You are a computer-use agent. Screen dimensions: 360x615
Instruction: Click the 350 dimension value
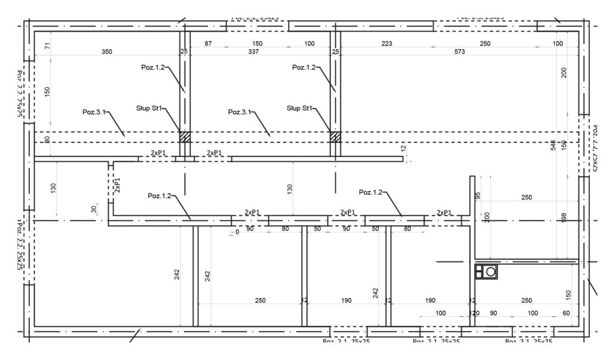(106, 52)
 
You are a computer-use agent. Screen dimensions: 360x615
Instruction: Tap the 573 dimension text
(460, 52)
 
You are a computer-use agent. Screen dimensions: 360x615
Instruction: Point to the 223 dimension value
(387, 44)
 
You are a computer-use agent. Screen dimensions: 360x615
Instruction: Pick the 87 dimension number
(208, 44)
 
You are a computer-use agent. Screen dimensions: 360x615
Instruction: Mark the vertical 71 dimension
(47, 46)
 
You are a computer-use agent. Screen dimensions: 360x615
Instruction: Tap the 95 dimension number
(478, 195)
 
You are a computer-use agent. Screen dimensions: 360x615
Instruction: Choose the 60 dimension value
(566, 313)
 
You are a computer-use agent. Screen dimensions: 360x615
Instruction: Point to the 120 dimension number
(474, 313)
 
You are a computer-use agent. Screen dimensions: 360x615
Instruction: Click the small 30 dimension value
(93, 209)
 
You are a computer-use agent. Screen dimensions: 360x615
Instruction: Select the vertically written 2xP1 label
(118, 185)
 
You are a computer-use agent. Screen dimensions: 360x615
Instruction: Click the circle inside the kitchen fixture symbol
(491, 272)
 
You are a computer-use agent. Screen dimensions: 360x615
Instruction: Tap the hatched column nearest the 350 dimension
(185, 137)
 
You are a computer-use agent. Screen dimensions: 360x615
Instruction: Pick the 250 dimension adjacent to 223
(485, 44)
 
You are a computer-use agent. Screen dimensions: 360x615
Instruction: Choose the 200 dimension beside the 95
(487, 217)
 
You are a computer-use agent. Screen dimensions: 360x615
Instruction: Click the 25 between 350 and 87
(184, 52)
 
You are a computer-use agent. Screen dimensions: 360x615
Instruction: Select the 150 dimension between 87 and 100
(257, 44)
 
